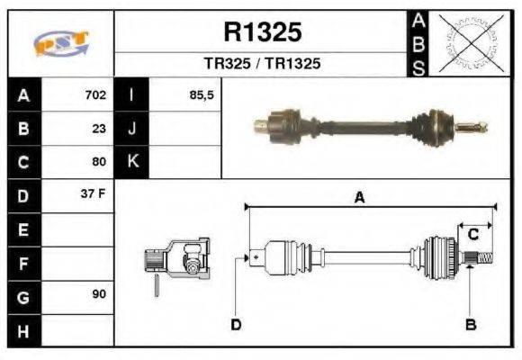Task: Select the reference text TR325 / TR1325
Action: click(262, 65)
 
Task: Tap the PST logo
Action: click(60, 43)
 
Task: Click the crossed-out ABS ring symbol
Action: click(468, 43)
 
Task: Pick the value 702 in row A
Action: click(95, 94)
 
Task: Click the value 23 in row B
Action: click(99, 128)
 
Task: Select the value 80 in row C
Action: click(99, 162)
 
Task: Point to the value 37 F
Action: click(94, 194)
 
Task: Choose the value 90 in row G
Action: click(98, 295)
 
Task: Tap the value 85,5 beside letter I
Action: click(202, 94)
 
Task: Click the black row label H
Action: click(23, 330)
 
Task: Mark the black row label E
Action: click(23, 229)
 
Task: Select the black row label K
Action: click(132, 162)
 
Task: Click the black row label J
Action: click(132, 128)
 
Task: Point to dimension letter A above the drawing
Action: click(358, 199)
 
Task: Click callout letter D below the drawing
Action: click(236, 324)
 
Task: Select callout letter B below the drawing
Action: click(470, 324)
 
